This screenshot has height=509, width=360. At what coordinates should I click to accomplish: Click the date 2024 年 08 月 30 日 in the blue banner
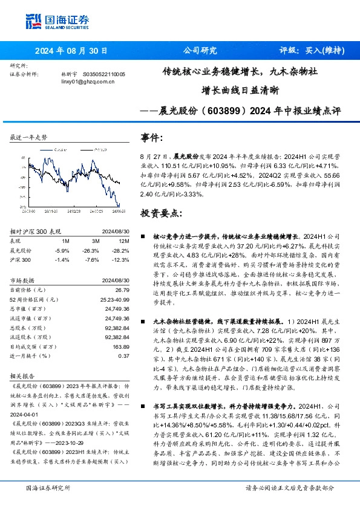tap(71, 51)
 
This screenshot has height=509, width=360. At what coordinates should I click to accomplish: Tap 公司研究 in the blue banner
tap(200, 51)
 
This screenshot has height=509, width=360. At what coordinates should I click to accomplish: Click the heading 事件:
tap(151, 137)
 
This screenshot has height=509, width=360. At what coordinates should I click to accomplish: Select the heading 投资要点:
tap(160, 213)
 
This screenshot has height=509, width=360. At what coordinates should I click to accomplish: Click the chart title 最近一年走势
tap(29, 138)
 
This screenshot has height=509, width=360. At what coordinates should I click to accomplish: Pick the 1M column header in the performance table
tap(65, 240)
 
